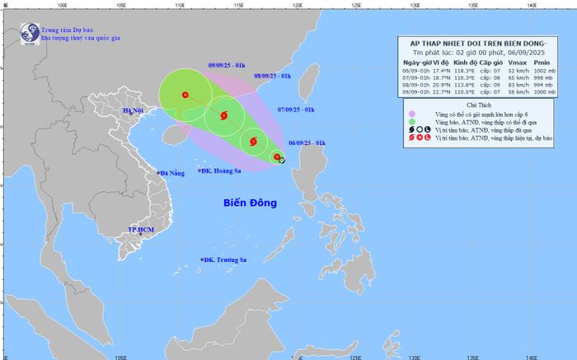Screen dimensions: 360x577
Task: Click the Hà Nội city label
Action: pyautogui.click(x=134, y=111)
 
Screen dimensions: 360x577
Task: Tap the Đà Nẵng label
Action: pyautogui.click(x=175, y=173)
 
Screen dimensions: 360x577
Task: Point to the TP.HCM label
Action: pyautogui.click(x=142, y=228)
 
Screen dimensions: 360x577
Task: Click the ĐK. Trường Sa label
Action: pyautogui.click(x=224, y=260)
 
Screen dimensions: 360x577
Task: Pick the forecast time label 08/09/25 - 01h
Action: pyautogui.click(x=273, y=76)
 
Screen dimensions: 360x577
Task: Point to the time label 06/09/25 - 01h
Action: pyautogui.click(x=307, y=143)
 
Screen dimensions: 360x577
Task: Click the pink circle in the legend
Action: pyautogui.click(x=411, y=114)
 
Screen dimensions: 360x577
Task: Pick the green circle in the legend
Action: pyautogui.click(x=411, y=122)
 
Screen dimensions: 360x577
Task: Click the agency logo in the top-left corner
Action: pyautogui.click(x=30, y=32)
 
